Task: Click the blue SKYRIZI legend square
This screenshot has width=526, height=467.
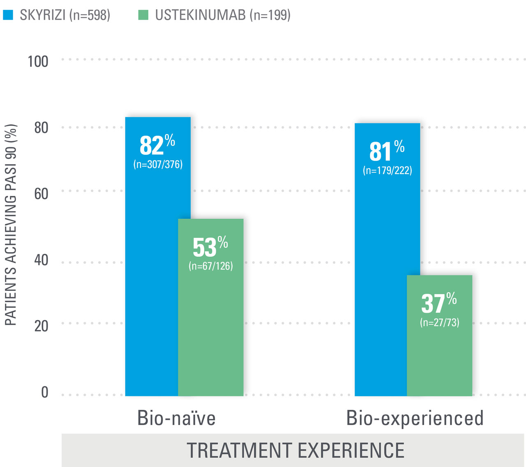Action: click(8, 15)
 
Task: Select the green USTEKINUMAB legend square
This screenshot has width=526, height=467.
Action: click(143, 15)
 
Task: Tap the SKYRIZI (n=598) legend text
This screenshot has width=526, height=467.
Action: click(65, 15)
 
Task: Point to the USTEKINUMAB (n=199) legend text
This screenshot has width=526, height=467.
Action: click(223, 15)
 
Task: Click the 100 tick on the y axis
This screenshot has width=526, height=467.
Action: click(38, 62)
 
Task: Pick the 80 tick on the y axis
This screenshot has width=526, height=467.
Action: click(41, 128)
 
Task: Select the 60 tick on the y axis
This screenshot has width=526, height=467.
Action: click(41, 194)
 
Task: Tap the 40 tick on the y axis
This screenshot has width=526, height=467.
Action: click(41, 260)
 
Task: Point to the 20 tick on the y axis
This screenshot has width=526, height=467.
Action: click(41, 326)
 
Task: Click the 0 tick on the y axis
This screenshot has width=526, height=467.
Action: click(45, 392)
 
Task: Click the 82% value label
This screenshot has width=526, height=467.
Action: click(157, 145)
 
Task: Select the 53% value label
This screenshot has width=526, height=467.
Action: click(210, 246)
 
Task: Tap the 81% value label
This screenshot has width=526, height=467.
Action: click(387, 151)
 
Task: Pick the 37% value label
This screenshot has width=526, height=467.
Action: click(439, 303)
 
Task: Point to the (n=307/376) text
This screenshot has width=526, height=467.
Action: click(158, 165)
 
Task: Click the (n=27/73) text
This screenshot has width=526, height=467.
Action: click(440, 322)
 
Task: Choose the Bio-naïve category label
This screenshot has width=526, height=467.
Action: click(176, 418)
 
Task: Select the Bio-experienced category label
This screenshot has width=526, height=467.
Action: click(415, 418)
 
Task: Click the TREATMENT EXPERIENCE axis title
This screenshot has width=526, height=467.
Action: click(295, 450)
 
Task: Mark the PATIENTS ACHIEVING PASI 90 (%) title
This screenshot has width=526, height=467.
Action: click(11, 224)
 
